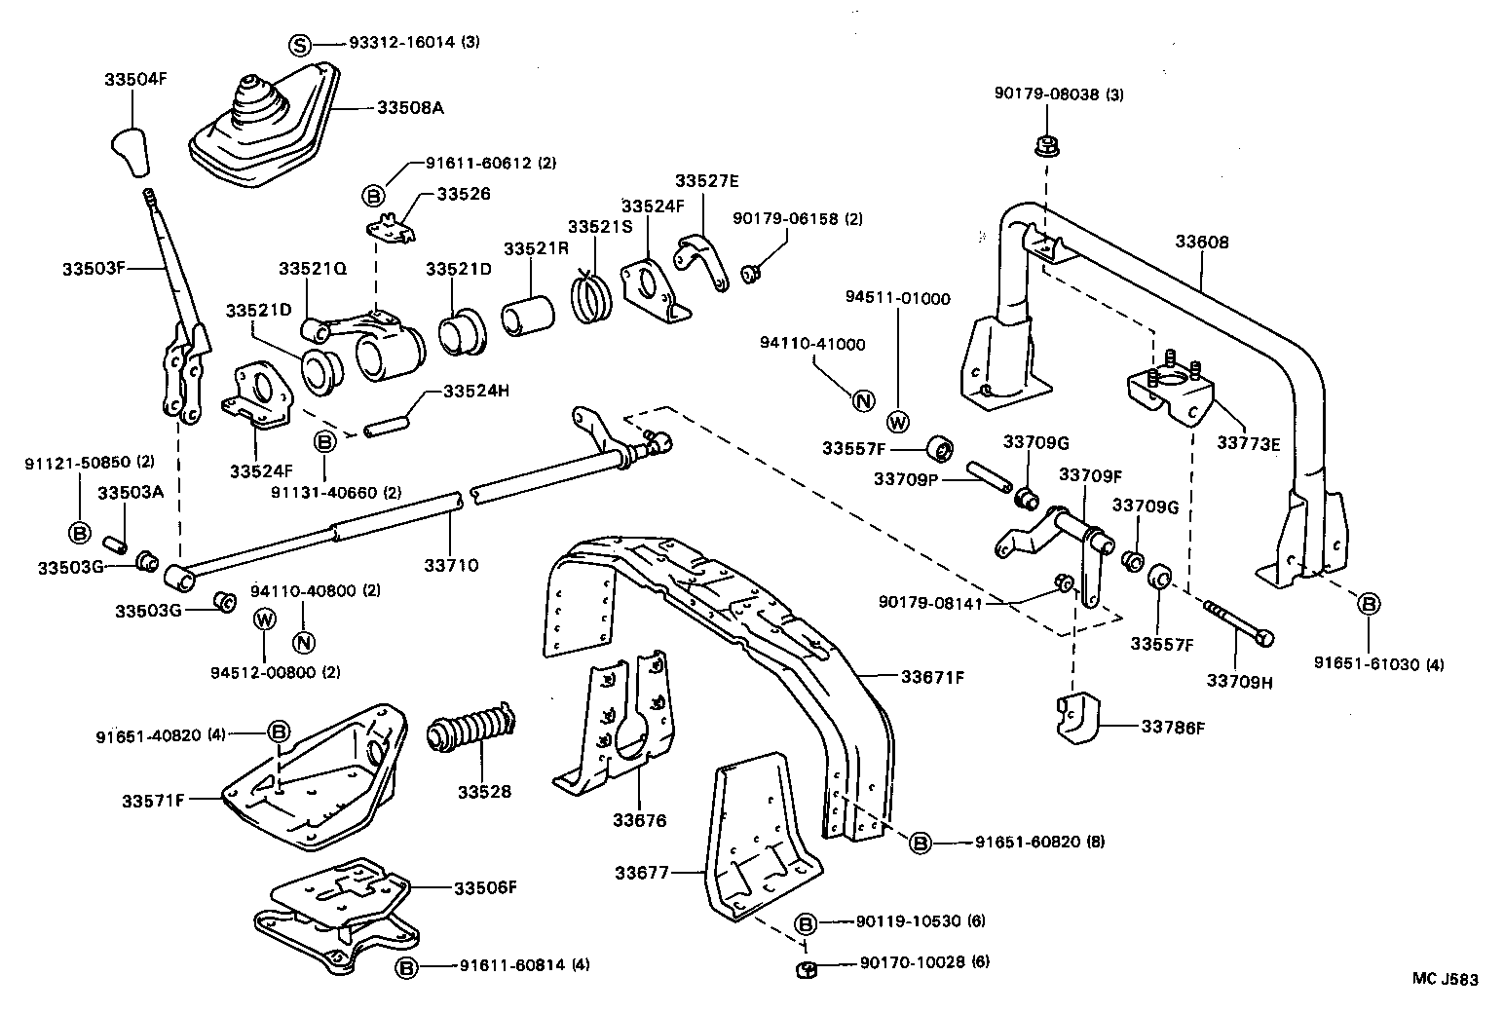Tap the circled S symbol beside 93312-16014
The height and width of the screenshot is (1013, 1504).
pos(301,44)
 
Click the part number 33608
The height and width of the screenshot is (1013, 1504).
pos(1201,243)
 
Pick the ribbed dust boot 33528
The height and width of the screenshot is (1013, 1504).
pos(471,733)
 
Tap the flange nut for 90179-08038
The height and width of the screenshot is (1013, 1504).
pos(1045,147)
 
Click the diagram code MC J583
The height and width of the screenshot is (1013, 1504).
pos(1446,979)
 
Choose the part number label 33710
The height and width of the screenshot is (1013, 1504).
pos(451,565)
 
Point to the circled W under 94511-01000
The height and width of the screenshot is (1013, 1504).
pos(898,422)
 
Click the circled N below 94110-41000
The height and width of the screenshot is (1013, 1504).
pos(862,399)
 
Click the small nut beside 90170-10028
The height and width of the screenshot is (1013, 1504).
pos(806,968)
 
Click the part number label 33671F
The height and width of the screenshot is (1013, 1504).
pos(932,676)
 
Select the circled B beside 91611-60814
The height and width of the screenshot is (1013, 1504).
pos(407,967)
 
